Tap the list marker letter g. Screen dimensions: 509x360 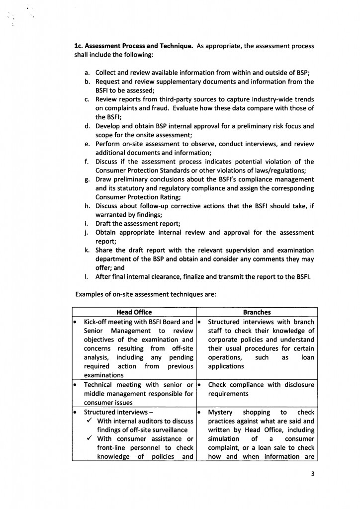click(87, 179)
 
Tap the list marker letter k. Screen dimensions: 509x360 click(87, 250)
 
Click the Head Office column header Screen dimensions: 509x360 click(134, 312)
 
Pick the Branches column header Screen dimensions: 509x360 click(257, 312)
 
